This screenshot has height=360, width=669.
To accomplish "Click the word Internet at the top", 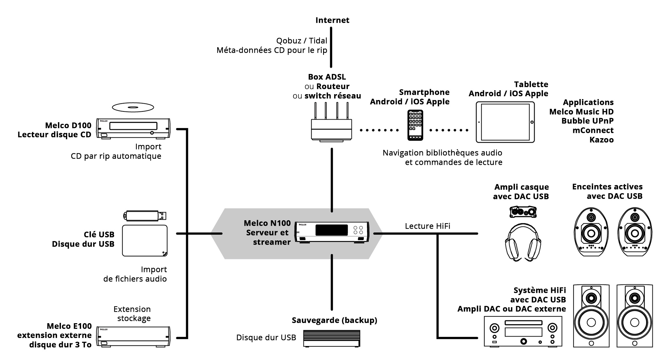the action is (332, 20).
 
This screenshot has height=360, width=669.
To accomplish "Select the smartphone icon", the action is (415, 125).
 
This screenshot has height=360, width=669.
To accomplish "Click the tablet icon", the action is (505, 122).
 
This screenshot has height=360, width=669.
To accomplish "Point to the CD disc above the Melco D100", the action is (133, 107).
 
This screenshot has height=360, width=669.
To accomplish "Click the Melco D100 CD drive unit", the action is (133, 128).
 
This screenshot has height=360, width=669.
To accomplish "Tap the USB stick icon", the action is (145, 216).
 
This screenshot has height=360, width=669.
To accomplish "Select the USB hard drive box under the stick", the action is (145, 240).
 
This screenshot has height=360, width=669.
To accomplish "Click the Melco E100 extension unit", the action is (133, 337).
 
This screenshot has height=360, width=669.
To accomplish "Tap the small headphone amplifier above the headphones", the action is (523, 212).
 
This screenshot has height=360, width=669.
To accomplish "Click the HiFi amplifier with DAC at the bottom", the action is (523, 332).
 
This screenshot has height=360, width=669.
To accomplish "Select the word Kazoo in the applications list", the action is (602, 140).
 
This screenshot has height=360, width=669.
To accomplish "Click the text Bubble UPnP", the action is (588, 121).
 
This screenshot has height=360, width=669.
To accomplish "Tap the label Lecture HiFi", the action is (428, 226).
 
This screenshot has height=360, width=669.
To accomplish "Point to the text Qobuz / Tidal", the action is (302, 41).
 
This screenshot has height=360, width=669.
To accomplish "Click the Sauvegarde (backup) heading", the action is (334, 320).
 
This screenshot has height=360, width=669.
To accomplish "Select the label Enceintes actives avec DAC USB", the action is (607, 192).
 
